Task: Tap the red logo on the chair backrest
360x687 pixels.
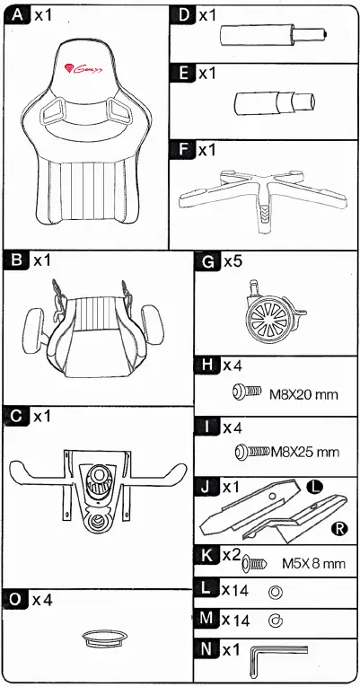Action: (x=83, y=66)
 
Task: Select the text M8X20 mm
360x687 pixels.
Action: (x=303, y=392)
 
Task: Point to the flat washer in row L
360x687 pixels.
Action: (x=275, y=592)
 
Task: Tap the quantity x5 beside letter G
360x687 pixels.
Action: (x=233, y=262)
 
